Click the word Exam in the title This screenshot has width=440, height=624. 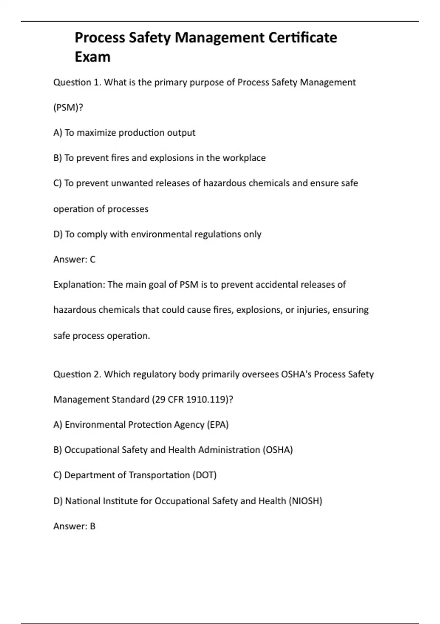[92, 57]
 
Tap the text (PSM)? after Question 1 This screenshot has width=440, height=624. [68, 108]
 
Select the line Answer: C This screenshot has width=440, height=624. [74, 260]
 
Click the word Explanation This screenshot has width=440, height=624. [79, 285]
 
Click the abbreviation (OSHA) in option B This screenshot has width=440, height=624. [278, 450]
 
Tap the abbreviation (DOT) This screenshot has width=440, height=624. [205, 475]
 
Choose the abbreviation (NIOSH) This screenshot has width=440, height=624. [305, 501]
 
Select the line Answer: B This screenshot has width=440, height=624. [74, 526]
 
